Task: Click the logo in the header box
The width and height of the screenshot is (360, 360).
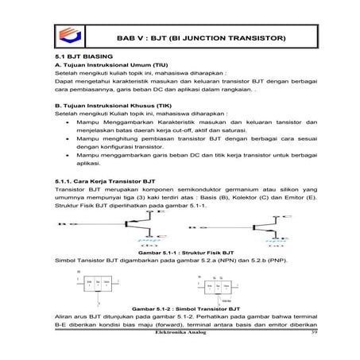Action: click(x=68, y=37)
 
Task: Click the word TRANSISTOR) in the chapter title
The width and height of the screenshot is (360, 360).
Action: click(x=254, y=38)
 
